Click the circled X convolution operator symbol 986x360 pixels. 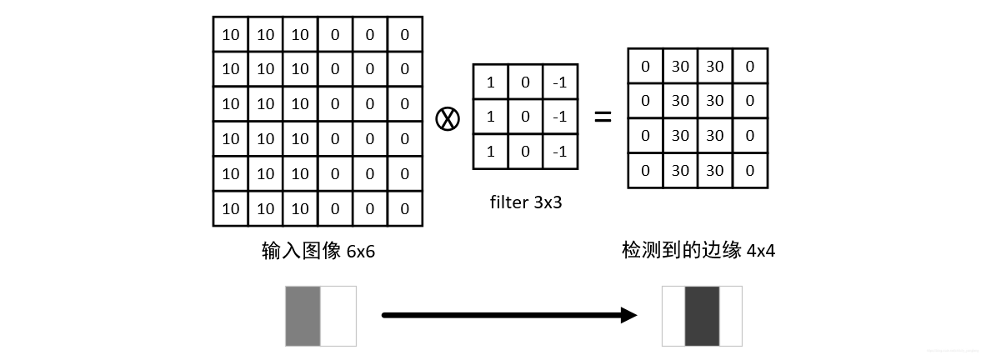point(448,118)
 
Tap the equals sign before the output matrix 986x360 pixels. point(602,117)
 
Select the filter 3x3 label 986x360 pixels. point(526,202)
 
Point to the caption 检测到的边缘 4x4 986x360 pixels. point(698,250)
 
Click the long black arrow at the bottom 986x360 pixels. point(508,315)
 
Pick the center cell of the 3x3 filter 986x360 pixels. point(525,117)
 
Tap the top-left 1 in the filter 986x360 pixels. point(490,82)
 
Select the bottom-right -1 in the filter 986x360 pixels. point(559,152)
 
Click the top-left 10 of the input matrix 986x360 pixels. point(230,34)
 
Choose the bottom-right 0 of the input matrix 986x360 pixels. point(405,208)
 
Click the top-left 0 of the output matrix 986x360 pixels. point(645,66)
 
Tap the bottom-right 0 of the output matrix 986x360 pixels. point(750,170)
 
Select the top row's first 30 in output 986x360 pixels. point(680,66)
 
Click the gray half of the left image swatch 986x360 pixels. point(303,316)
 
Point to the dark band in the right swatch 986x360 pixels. point(702,316)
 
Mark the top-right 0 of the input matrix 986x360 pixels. point(405,34)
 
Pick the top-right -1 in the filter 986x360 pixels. point(559,82)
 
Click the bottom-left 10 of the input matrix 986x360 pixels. point(230,208)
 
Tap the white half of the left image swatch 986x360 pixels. point(338,316)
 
